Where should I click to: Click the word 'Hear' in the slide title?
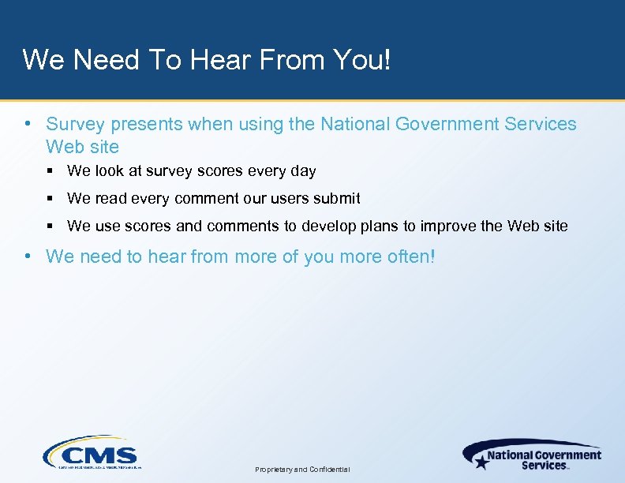[x=234, y=60]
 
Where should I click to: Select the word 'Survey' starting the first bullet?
[x=75, y=125]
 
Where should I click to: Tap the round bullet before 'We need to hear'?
[x=28, y=256]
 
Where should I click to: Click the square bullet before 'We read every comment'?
[x=50, y=199]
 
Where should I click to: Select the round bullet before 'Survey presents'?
[x=28, y=125]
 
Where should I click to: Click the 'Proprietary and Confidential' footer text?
[x=303, y=470]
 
